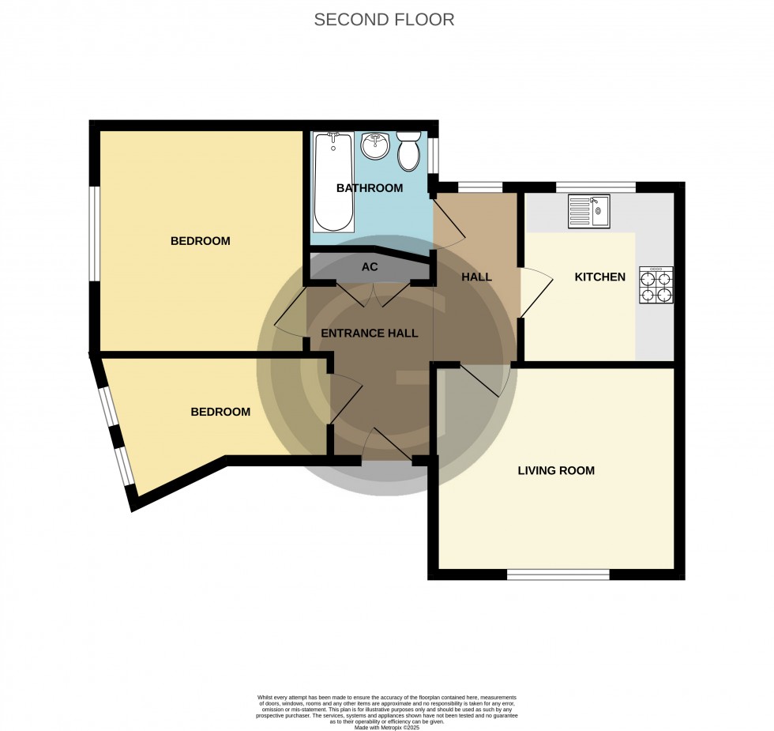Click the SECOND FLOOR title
[x=384, y=20]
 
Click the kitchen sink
[x=587, y=211]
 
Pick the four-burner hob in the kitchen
[x=656, y=286]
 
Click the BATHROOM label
[x=370, y=188]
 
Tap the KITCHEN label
[x=599, y=277]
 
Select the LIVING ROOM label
[x=556, y=470]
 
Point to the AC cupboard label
[x=370, y=267]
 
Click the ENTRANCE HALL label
[x=369, y=333]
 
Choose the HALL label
[x=476, y=277]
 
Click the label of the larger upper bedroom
[x=200, y=241]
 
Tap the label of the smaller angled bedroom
[x=220, y=412]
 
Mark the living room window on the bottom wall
[x=558, y=575]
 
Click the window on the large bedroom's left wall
[x=94, y=233]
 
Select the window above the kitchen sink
[x=596, y=187]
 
